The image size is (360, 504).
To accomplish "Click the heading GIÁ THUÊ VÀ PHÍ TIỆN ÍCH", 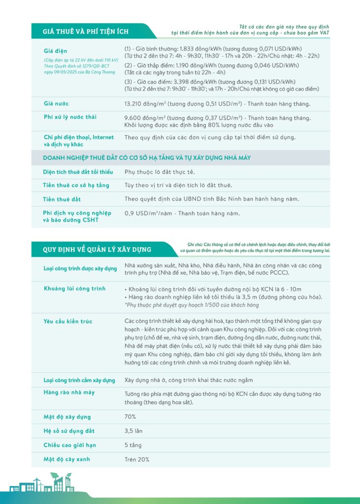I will tap(86, 31).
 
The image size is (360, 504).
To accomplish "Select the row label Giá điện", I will tap(55, 51).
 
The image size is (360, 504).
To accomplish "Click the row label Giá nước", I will tap(56, 104).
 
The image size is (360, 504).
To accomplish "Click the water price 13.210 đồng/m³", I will tap(145, 104).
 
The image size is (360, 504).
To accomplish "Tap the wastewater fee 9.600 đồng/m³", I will tap(143, 118).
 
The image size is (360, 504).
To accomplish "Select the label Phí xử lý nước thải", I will tap(70, 117).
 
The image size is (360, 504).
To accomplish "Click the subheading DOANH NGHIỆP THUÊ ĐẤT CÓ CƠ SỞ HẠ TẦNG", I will tap(147, 157).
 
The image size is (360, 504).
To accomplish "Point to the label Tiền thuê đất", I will tap(62, 199).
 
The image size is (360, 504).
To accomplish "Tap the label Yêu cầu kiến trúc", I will tap(68, 321).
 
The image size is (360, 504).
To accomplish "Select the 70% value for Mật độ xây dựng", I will tap(130, 417).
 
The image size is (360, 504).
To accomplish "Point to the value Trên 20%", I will tap(136, 459).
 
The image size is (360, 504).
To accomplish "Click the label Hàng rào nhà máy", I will tap(69, 392).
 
